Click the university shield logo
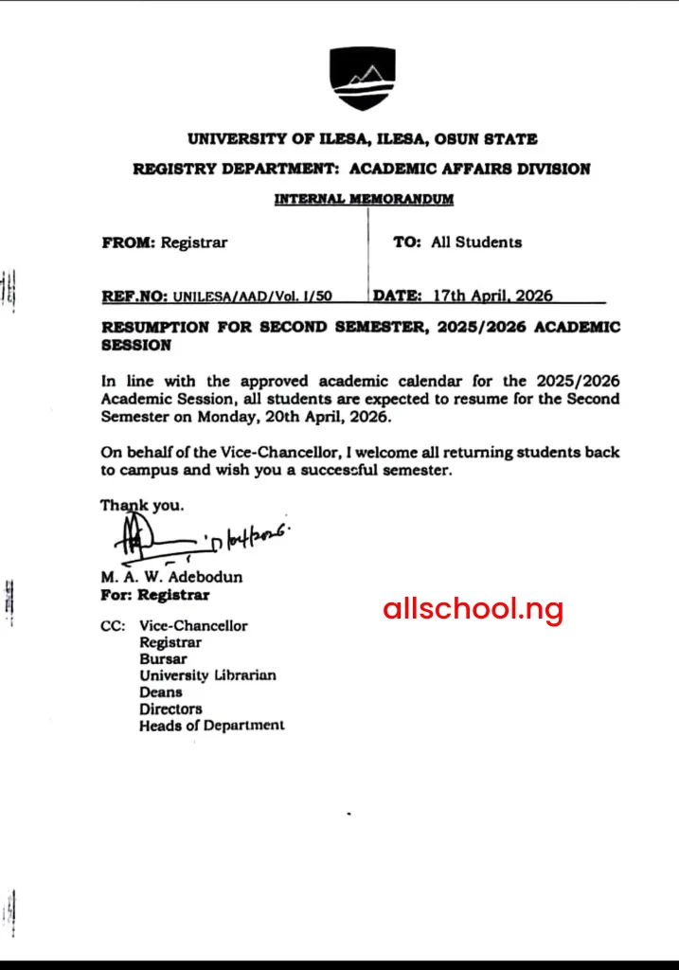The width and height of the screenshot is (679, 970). click(x=362, y=78)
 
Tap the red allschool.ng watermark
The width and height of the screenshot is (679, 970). click(x=473, y=608)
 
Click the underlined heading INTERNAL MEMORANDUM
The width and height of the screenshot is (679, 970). click(x=364, y=199)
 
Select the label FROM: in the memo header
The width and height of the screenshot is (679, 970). click(x=128, y=242)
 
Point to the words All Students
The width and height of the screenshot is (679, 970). click(x=475, y=242)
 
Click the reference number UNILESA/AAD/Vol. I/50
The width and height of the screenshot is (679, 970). click(x=252, y=296)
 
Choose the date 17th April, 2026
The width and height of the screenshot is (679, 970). click(x=492, y=296)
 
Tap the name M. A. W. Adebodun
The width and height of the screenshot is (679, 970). click(x=171, y=577)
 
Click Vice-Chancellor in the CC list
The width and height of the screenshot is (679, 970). click(x=193, y=626)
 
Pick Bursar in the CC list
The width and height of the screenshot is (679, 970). click(x=163, y=659)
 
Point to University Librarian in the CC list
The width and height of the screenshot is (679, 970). click(x=207, y=675)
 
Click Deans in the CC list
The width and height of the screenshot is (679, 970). click(x=159, y=692)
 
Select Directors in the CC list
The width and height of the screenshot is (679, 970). click(x=170, y=709)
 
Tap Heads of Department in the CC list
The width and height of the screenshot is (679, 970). click(x=211, y=726)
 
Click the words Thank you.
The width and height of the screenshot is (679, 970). click(x=142, y=506)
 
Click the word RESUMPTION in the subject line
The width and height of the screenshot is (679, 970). click(x=148, y=328)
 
